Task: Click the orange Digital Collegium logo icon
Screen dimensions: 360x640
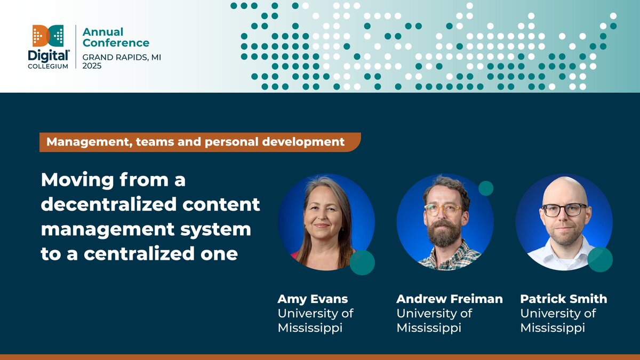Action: (48, 36)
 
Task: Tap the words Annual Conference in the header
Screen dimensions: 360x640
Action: (116, 37)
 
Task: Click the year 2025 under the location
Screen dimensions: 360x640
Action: (92, 66)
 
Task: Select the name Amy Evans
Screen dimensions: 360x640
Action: (313, 299)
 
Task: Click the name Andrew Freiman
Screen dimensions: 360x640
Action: (449, 299)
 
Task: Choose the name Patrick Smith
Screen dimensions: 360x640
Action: (563, 299)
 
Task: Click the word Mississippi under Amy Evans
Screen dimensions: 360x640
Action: (310, 327)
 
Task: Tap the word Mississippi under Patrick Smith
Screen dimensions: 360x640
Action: (553, 327)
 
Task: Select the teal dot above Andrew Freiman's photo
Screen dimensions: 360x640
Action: (486, 188)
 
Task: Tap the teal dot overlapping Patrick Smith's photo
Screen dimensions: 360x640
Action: (600, 260)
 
